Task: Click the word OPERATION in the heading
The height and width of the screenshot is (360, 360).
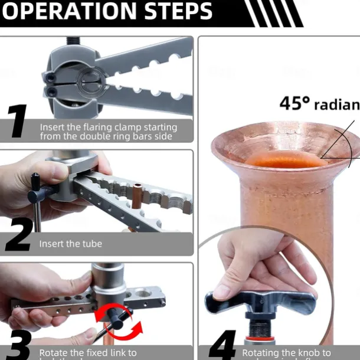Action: (x=66, y=11)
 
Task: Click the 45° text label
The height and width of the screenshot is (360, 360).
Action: (x=294, y=104)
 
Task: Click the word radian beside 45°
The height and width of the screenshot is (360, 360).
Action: (x=336, y=105)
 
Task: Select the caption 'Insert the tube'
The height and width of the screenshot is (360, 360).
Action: (x=70, y=243)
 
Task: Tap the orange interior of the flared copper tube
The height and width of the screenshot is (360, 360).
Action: (x=286, y=159)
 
